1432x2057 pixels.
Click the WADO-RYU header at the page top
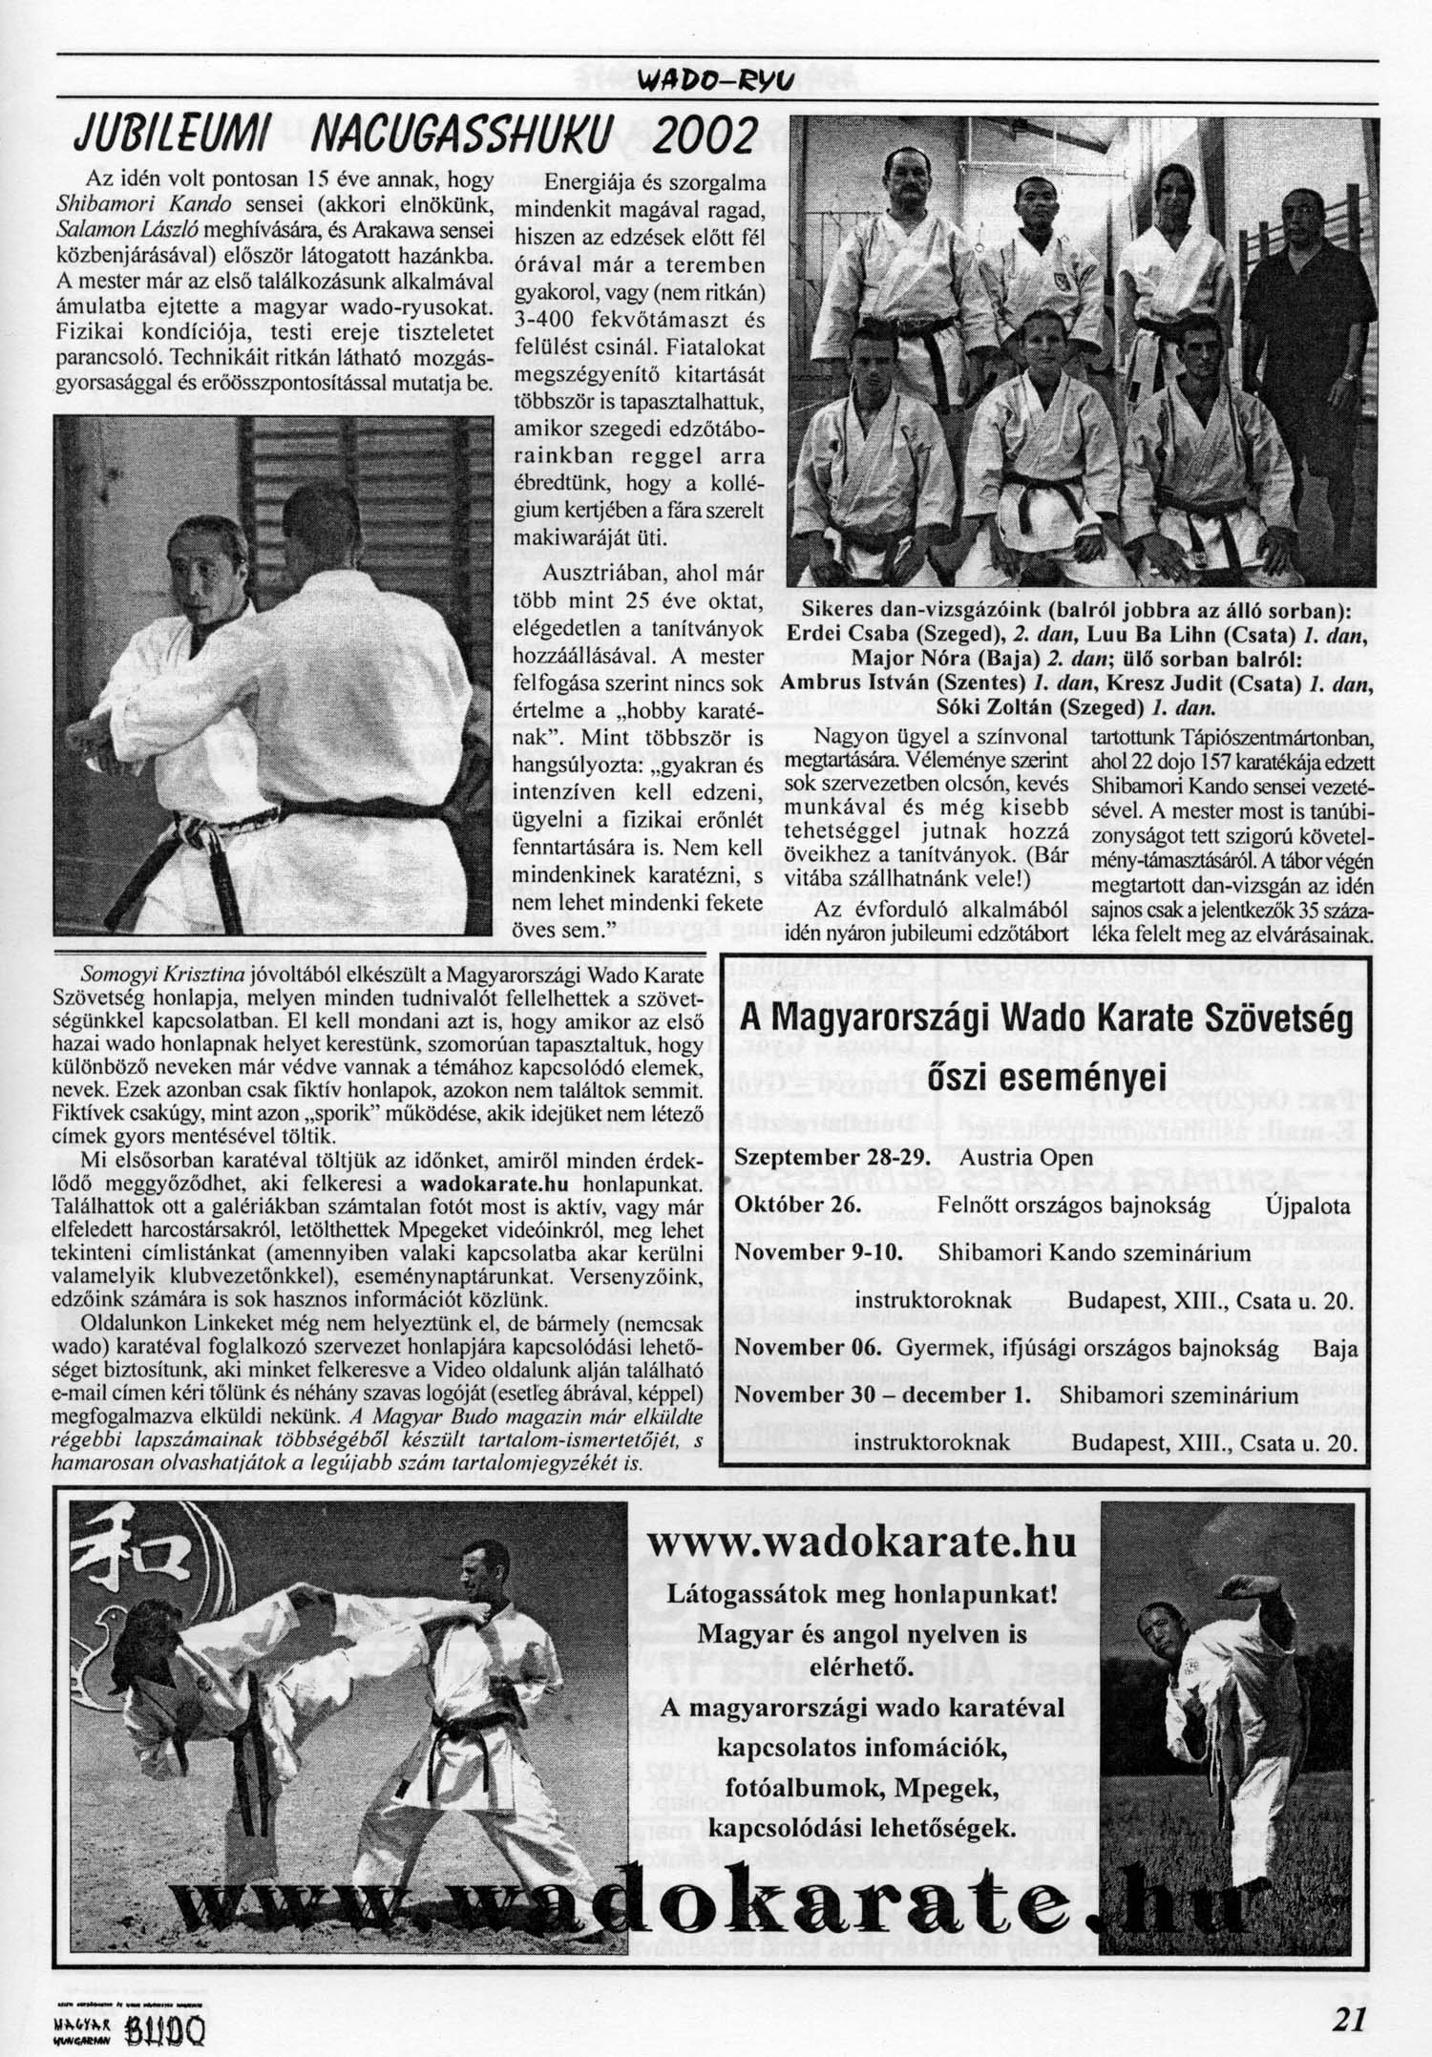(x=715, y=80)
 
